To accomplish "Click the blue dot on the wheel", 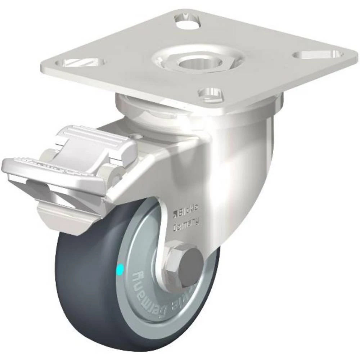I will click(120, 268).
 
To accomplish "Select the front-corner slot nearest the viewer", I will click(212, 93).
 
